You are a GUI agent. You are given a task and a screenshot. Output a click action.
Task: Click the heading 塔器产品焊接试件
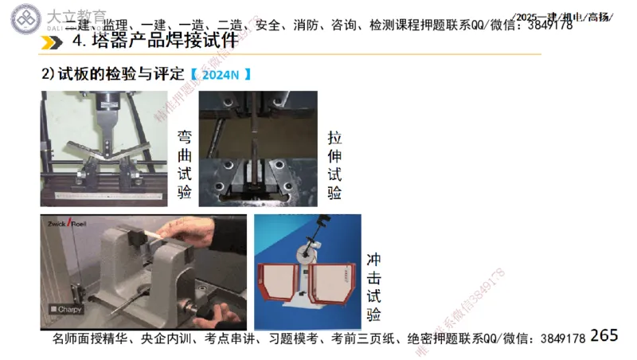click(x=154, y=41)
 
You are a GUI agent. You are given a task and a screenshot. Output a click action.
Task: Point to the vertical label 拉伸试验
click(x=335, y=165)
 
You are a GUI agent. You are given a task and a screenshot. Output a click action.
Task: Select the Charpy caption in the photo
click(x=65, y=309)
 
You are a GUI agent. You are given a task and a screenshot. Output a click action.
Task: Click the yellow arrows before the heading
click(x=55, y=41)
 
